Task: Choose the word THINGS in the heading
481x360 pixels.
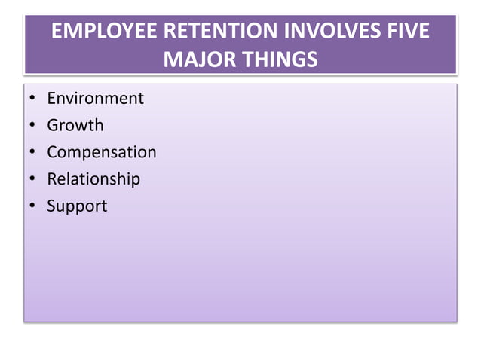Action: coord(280,58)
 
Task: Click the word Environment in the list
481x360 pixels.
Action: coord(95,98)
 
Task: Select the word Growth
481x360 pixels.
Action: coord(75,125)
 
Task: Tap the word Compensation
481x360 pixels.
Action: coord(102,152)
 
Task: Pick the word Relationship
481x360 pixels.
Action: coord(93,179)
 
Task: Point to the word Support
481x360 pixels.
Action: coord(77,206)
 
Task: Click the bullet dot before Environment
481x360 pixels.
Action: coord(33,99)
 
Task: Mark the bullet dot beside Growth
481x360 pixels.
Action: coord(33,125)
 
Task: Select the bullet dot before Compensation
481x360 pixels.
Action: coord(33,152)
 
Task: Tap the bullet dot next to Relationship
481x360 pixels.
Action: coord(33,179)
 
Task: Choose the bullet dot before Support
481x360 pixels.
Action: coord(33,206)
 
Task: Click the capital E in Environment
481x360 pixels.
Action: coord(51,98)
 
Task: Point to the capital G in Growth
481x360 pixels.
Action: coord(53,125)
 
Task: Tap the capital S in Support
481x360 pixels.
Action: coord(51,205)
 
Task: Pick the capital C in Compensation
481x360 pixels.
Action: coord(53,152)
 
